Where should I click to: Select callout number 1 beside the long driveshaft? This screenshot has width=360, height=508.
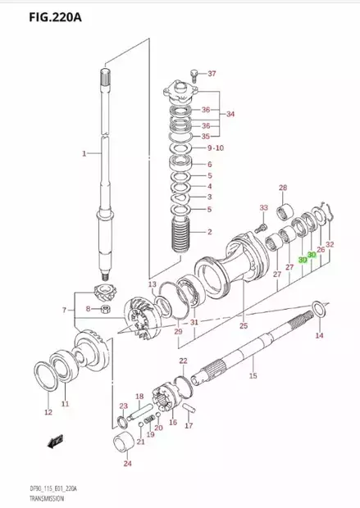(x=83, y=154)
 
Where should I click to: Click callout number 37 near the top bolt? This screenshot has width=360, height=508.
(x=212, y=74)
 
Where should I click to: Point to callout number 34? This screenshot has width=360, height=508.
(x=230, y=115)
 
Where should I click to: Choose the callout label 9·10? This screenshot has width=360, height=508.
(x=215, y=148)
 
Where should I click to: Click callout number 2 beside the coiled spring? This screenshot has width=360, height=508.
(x=210, y=233)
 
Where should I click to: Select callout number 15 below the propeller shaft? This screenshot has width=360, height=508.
(x=253, y=375)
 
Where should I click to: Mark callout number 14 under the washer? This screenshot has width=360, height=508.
(x=319, y=335)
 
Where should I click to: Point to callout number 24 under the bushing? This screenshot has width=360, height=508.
(x=127, y=464)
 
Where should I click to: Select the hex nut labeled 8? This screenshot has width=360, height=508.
(x=106, y=309)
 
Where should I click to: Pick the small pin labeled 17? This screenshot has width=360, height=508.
(x=187, y=407)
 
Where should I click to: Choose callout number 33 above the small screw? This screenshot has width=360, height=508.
(x=263, y=207)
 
